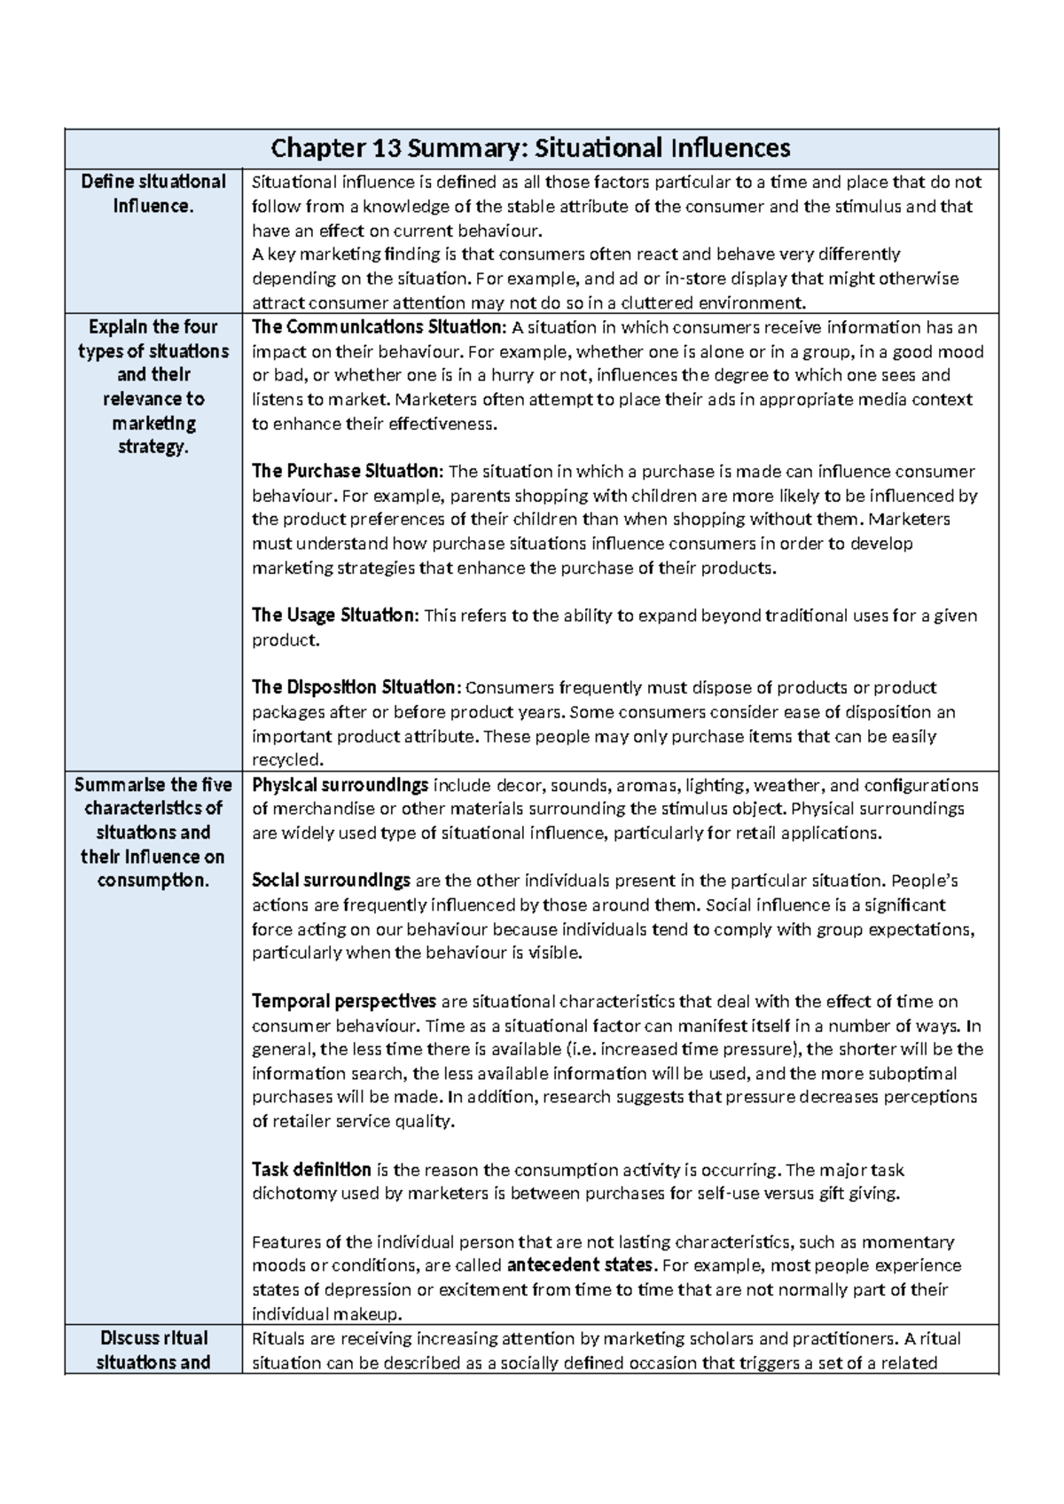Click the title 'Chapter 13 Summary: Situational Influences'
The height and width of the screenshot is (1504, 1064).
click(x=530, y=147)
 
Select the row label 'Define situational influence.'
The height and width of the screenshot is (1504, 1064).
click(x=153, y=193)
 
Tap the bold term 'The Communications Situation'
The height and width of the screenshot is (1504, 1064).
click(x=377, y=326)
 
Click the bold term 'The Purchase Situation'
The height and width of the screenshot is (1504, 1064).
click(x=346, y=471)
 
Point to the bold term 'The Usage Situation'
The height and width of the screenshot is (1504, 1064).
click(x=333, y=615)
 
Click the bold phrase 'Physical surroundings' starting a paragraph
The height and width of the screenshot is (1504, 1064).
click(x=340, y=785)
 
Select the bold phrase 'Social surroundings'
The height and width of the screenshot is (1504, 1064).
click(x=331, y=881)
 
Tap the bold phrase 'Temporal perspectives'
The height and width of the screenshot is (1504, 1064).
click(x=344, y=1001)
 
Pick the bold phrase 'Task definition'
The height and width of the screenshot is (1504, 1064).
click(x=311, y=1169)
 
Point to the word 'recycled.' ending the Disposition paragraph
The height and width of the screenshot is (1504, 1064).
click(x=289, y=760)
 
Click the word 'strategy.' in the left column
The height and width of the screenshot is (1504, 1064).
click(x=153, y=447)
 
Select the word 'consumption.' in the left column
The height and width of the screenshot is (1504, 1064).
click(x=153, y=881)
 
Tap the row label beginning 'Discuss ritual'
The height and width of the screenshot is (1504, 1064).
click(x=153, y=1350)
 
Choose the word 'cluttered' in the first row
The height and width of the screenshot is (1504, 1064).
click(x=677, y=302)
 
